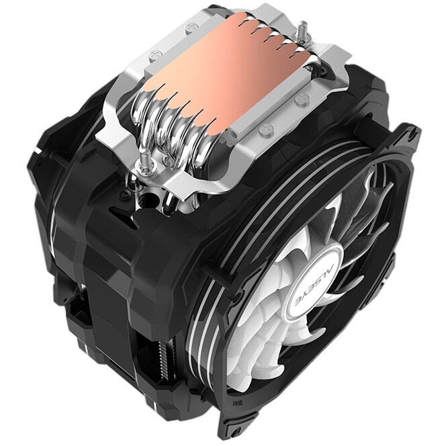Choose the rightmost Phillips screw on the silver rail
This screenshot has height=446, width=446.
click(300, 99)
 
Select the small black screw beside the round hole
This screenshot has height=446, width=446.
click(124, 194)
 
